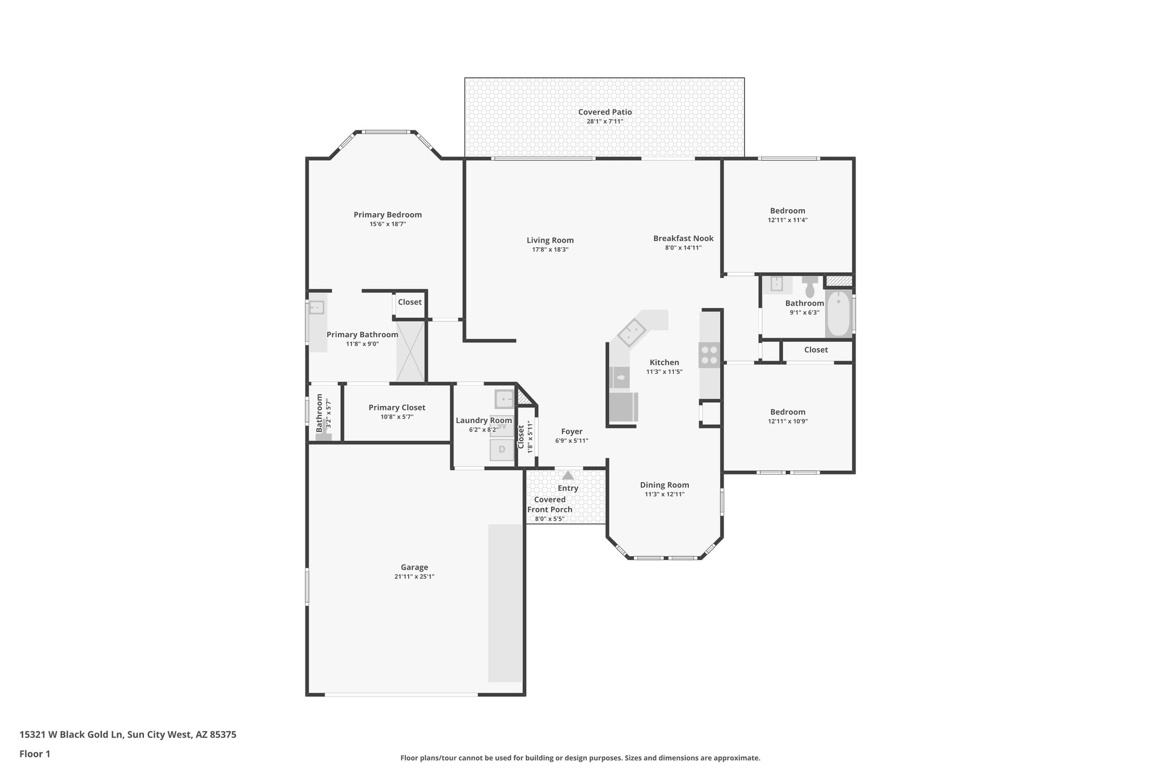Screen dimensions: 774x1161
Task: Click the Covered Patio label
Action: click(605, 112)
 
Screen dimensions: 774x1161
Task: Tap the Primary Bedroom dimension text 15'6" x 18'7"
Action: click(388, 224)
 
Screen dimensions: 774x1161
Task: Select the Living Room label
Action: click(550, 240)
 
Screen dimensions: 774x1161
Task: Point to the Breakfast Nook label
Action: click(683, 239)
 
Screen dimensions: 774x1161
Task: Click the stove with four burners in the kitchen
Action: click(709, 355)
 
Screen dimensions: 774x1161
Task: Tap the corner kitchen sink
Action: click(632, 332)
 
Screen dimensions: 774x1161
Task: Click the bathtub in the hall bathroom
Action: click(838, 314)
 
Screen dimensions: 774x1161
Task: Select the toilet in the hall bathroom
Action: click(810, 287)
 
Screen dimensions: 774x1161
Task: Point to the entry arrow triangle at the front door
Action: click(568, 475)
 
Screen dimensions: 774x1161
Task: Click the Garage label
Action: click(414, 567)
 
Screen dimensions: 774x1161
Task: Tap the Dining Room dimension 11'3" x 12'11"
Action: click(664, 494)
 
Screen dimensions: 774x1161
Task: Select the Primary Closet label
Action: click(397, 408)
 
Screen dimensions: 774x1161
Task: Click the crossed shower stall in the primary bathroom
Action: click(410, 351)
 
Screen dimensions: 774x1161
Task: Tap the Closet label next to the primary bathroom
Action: click(409, 302)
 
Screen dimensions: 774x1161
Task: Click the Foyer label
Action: click(571, 432)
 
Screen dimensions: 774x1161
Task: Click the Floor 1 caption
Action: click(35, 754)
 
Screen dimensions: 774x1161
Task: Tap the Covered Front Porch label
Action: click(550, 505)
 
